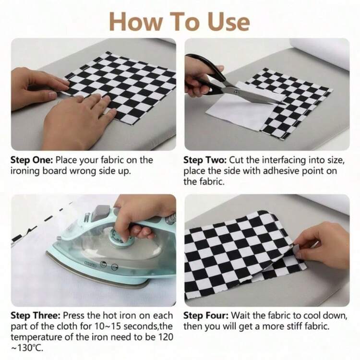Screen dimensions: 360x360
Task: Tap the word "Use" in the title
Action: pos(228,21)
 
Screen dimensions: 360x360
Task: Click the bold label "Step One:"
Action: pos(32,160)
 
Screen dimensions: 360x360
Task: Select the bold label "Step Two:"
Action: pos(205,160)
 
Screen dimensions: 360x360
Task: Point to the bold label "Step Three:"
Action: pos(36,315)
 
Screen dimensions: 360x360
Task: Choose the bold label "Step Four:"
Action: pos(206,315)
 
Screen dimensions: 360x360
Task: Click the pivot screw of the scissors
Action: pos(236,92)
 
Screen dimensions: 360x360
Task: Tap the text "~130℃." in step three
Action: pos(27,348)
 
